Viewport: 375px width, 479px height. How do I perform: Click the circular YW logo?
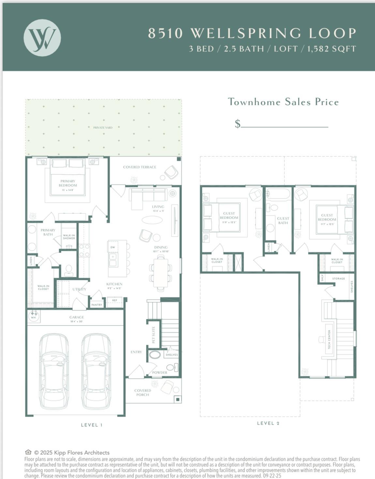42,38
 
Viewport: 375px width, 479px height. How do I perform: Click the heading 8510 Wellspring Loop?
252,33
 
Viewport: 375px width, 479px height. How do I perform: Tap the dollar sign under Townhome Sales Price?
238,123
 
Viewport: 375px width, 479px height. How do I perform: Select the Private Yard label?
103,127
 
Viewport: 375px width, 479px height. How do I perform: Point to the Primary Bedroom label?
68,183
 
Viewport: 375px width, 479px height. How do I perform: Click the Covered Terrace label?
140,167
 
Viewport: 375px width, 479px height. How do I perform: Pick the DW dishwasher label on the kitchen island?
112,247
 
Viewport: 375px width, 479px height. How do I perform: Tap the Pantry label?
97,305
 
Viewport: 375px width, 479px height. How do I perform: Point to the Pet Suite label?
154,335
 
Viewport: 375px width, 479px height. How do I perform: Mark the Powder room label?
160,372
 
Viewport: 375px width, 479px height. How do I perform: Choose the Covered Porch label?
142,393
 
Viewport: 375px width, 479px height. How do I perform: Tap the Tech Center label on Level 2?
329,339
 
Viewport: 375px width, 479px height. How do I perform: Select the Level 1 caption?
92,425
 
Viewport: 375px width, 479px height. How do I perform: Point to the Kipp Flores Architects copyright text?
72,453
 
